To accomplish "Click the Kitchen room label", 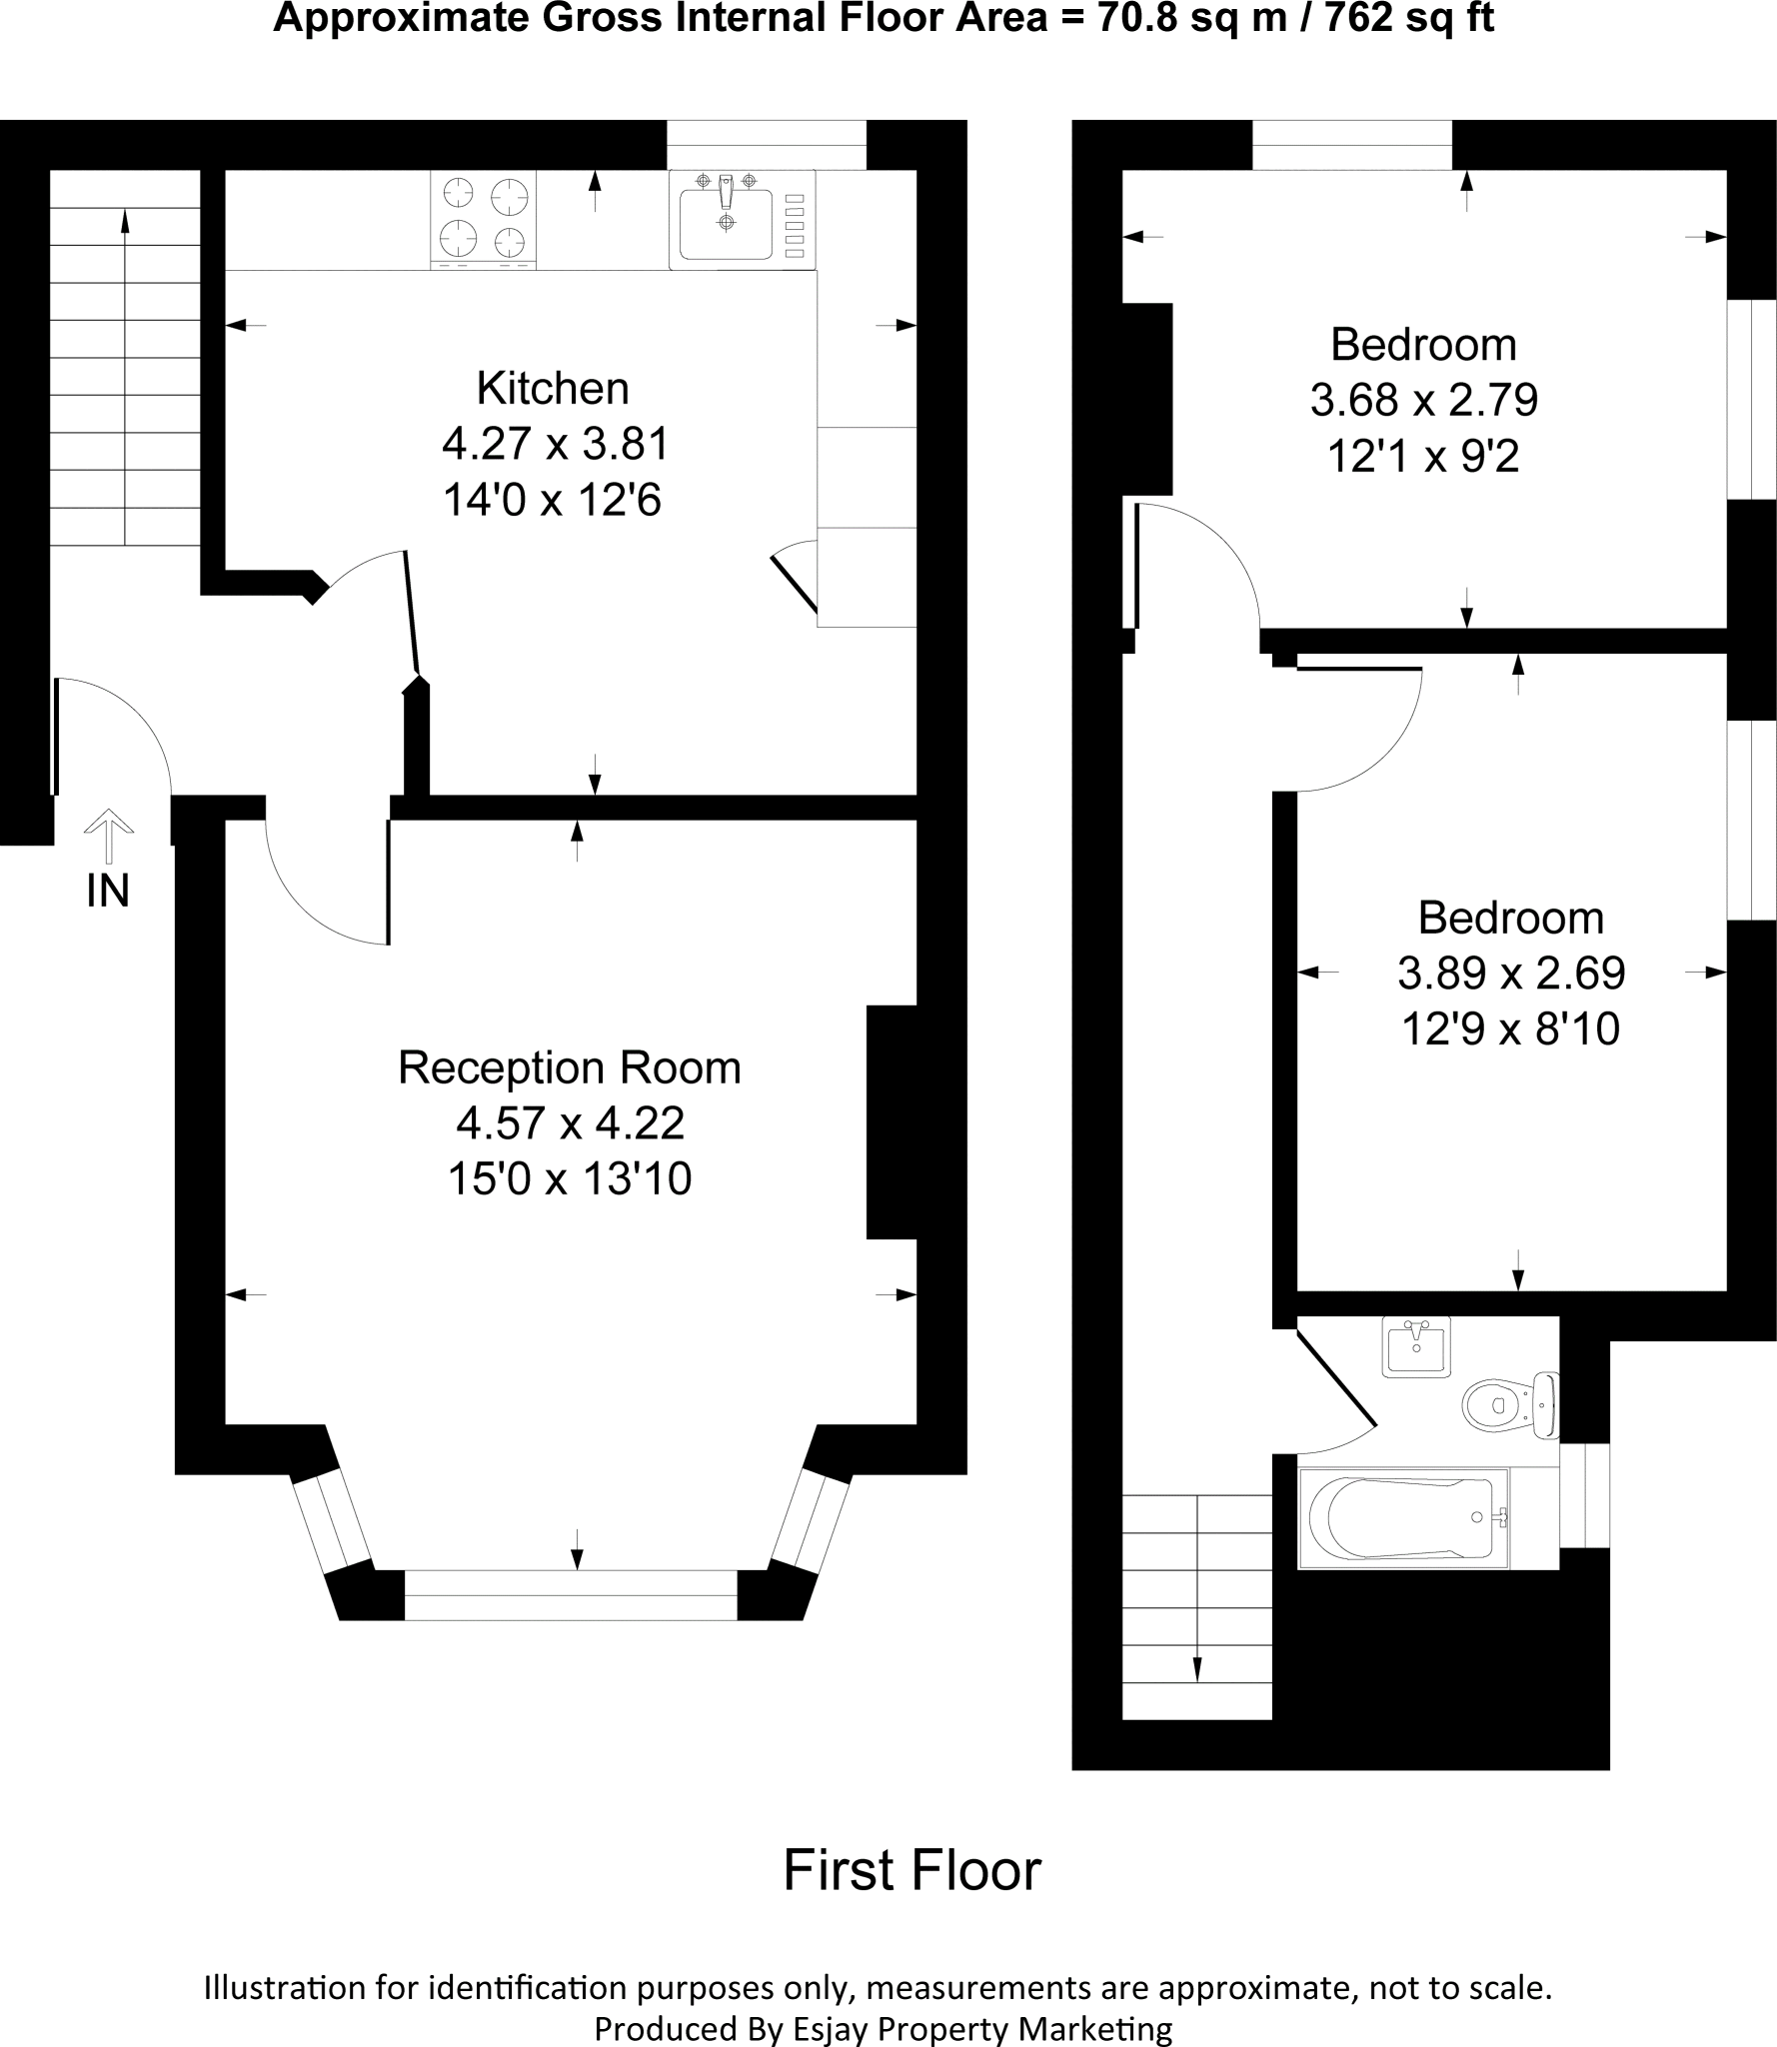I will coord(552,388).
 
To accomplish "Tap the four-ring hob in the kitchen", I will coord(484,218).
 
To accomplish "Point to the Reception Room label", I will coord(569,1067).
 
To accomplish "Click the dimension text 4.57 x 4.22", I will coord(570,1123).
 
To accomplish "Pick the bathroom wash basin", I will coord(1416,1346).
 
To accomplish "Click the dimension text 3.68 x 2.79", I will coord(1423,400).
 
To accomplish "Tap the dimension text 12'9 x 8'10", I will coord(1509,1028).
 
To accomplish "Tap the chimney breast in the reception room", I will coord(890,1121).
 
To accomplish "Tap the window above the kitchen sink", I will coord(766,145).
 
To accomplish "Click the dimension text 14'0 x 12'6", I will coord(552,500).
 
